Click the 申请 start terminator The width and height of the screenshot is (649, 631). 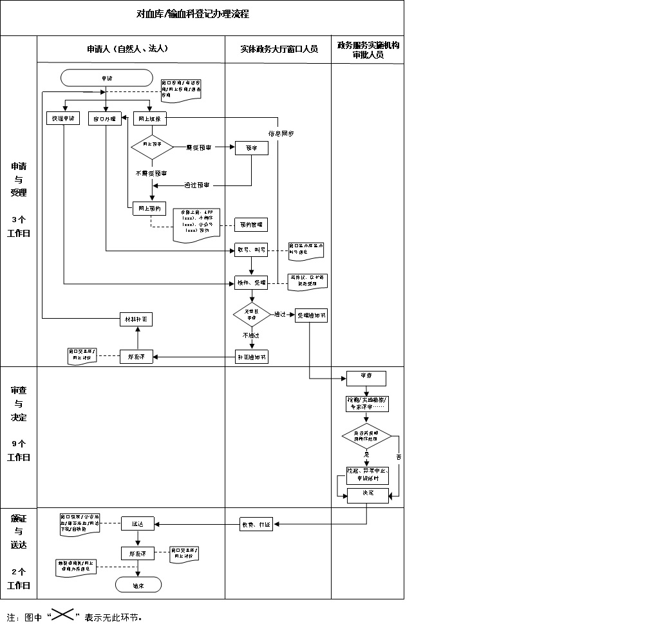106,77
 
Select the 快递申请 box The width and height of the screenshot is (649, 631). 64,118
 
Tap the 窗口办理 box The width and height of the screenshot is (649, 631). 105,118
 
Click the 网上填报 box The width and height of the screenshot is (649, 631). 151,118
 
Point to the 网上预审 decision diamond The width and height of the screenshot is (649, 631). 152,147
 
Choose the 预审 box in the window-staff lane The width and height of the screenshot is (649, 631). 251,147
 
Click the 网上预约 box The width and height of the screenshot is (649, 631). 150,208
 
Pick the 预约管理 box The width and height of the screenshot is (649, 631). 251,224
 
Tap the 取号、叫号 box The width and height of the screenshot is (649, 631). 251,250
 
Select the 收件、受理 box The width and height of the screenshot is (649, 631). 251,282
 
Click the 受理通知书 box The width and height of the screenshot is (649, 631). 311,315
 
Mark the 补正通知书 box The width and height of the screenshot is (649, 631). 251,357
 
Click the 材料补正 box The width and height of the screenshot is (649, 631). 138,319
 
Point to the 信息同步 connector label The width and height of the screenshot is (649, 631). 281,134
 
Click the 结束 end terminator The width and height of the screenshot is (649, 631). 138,585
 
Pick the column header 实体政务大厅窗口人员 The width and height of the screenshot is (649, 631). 278,49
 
